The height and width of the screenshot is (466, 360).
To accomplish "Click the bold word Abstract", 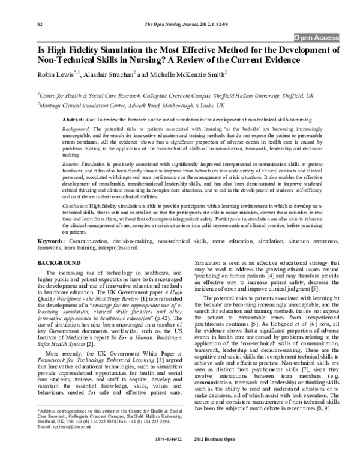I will point(73,120).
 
